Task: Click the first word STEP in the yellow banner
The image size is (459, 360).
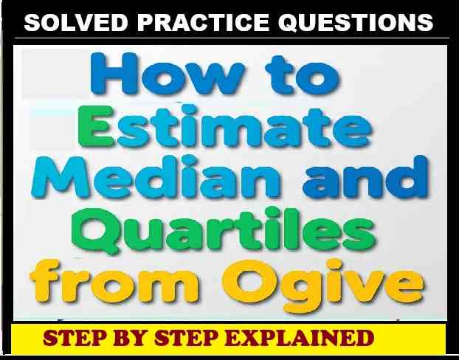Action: [72, 340]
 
